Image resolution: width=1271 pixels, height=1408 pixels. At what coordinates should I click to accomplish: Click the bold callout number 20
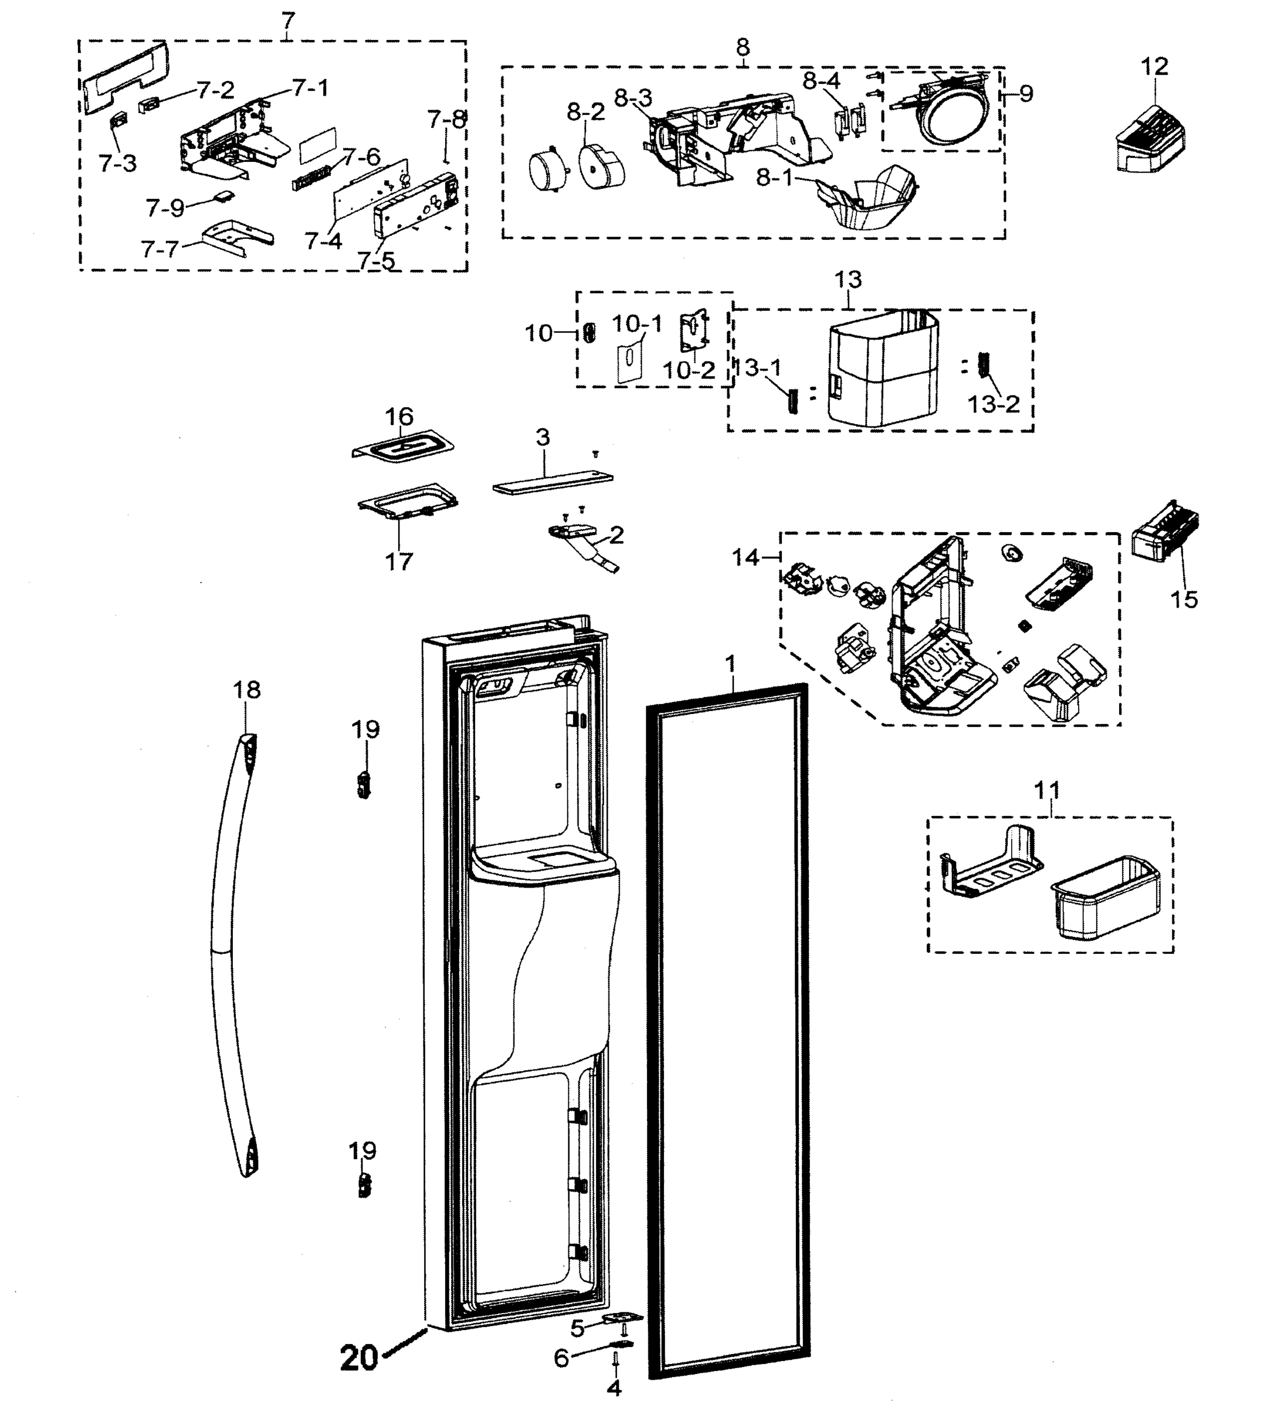(x=359, y=1358)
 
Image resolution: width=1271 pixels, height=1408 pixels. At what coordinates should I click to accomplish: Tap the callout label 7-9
(x=165, y=208)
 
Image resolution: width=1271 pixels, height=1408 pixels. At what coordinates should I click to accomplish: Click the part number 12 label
(x=1154, y=67)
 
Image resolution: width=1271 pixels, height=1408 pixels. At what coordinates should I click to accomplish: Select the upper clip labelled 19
(x=363, y=785)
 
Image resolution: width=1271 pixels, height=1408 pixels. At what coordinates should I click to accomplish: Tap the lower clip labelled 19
(x=364, y=1185)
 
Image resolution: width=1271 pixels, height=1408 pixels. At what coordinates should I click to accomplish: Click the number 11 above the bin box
(x=1046, y=791)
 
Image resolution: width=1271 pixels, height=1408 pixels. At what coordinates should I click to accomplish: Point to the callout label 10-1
(x=637, y=323)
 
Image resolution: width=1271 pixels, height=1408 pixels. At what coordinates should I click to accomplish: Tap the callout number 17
(x=399, y=561)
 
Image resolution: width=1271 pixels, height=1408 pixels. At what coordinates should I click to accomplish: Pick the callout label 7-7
(x=160, y=249)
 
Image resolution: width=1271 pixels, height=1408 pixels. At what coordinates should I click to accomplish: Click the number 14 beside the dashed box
(x=745, y=557)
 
